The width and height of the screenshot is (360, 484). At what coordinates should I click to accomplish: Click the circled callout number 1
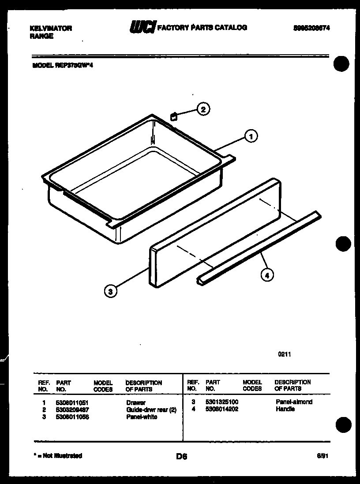[251, 137]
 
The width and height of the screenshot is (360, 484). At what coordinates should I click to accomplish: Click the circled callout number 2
[203, 109]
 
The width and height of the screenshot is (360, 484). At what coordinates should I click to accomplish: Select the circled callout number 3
[111, 291]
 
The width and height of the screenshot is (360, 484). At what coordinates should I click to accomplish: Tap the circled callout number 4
[266, 276]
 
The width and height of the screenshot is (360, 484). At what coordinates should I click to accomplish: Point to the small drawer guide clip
[174, 116]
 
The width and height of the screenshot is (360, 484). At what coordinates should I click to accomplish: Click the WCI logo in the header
[142, 28]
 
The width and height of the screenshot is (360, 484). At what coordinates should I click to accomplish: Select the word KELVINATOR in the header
[50, 28]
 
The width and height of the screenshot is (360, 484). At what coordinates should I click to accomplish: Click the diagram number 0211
[285, 354]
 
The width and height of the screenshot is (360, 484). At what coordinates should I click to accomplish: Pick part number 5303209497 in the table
[73, 410]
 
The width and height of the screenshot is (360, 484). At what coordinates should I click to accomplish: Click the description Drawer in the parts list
[135, 402]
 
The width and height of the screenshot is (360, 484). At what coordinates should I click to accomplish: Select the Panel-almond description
[294, 402]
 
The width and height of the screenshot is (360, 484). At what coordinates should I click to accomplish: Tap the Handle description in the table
[285, 409]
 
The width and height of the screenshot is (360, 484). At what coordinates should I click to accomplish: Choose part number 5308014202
[222, 409]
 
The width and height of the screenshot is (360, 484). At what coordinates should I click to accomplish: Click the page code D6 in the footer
[181, 457]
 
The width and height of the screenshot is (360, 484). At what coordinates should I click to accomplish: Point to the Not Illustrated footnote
[57, 456]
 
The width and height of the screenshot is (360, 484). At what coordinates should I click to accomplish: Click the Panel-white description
[141, 417]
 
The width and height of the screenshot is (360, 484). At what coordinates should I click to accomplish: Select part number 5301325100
[222, 402]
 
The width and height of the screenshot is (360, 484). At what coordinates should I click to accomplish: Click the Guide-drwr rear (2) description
[151, 410]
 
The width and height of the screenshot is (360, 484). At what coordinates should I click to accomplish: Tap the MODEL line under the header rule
[62, 65]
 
